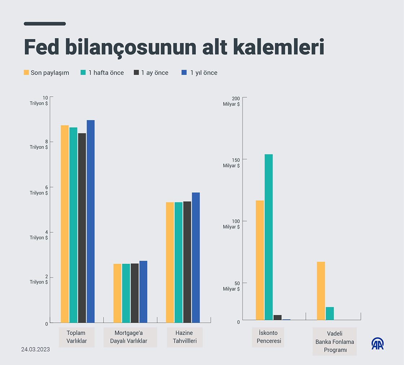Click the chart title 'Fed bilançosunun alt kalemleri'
[x=174, y=47]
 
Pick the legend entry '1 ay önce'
[x=151, y=72]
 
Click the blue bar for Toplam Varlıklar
[x=91, y=221]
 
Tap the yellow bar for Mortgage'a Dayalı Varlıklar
[x=117, y=293]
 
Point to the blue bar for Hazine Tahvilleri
[x=196, y=258]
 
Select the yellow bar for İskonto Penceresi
[x=260, y=260]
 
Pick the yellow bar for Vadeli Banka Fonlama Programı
[x=321, y=291]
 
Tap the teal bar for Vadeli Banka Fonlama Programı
[x=330, y=313]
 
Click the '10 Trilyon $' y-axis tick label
[x=39, y=100]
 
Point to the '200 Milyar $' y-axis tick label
[x=231, y=101]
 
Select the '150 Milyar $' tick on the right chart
[x=231, y=163]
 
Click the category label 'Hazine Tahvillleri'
[x=184, y=337]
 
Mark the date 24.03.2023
[x=35, y=349]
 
